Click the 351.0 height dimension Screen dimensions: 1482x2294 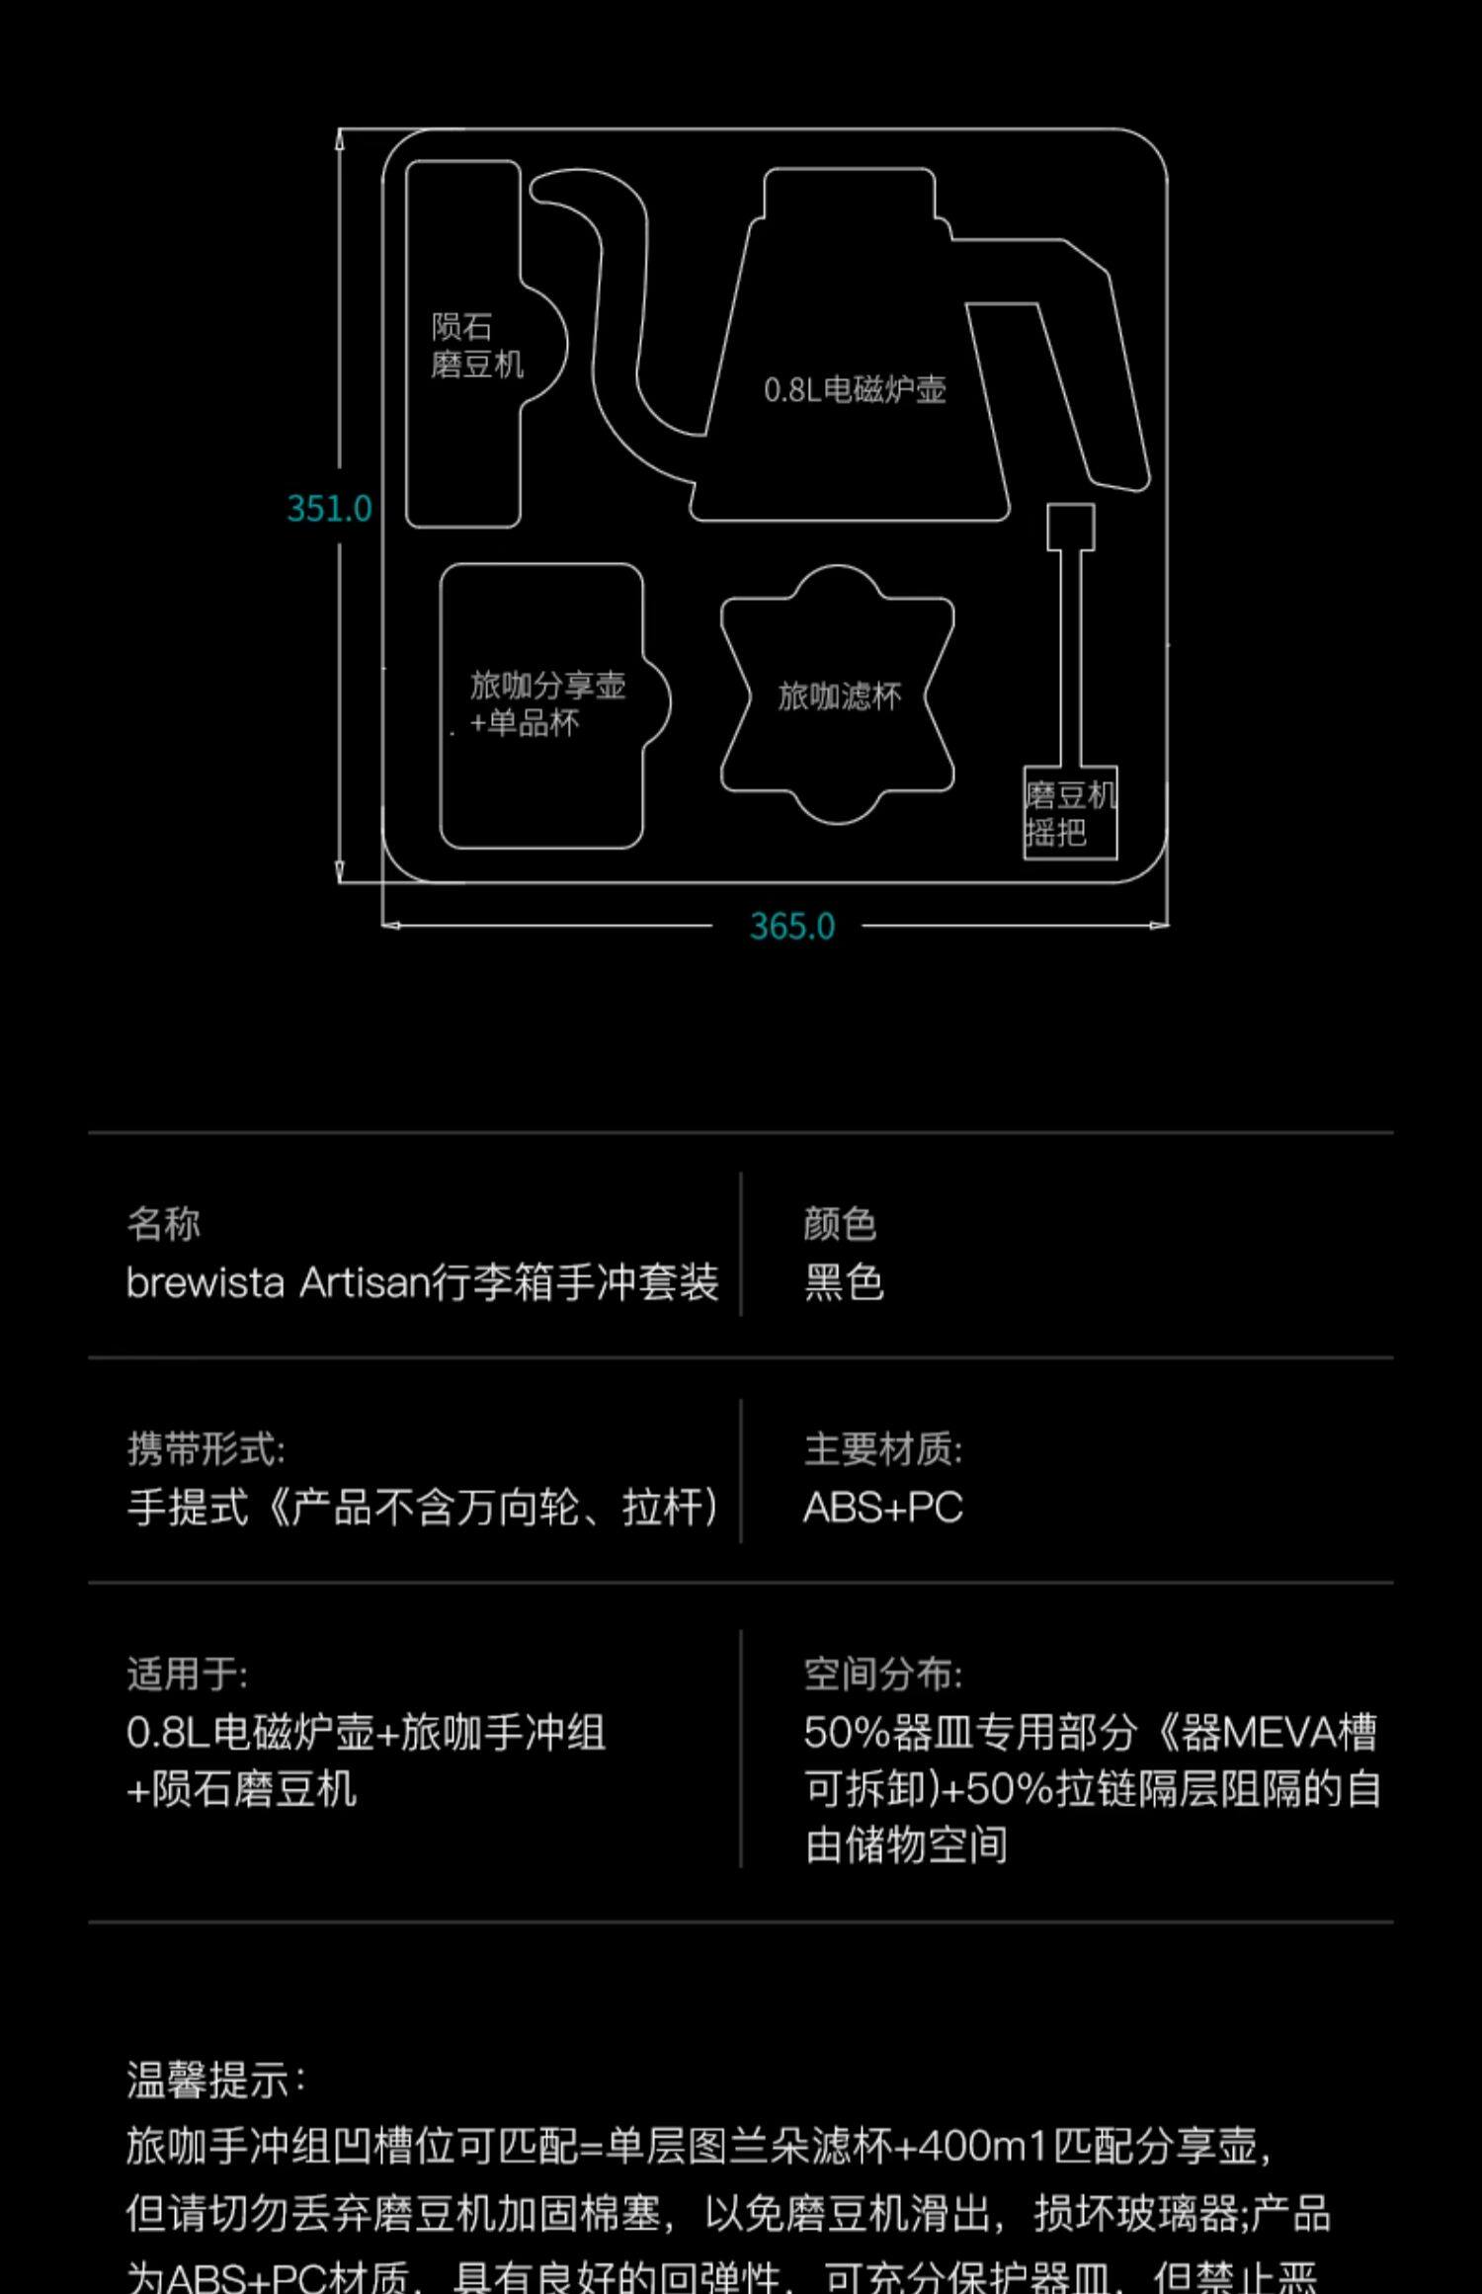[329, 509]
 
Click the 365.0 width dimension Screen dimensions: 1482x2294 [792, 927]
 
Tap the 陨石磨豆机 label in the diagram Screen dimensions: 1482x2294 [476, 346]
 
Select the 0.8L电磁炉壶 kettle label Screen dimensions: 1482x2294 [855, 390]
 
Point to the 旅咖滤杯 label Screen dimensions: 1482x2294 [839, 696]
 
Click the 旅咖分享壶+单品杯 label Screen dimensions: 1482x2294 [546, 703]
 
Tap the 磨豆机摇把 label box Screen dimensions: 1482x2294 [1070, 813]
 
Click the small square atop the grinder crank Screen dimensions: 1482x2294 [1071, 527]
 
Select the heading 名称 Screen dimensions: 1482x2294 [164, 1224]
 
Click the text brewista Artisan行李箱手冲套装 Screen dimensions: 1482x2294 [422, 1283]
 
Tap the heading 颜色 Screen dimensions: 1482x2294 [840, 1224]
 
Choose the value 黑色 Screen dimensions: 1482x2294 [844, 1283]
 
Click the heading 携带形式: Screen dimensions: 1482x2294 [206, 1449]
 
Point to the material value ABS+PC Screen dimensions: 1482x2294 [882, 1508]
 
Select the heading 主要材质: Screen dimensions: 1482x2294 [882, 1449]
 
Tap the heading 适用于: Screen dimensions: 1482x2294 [187, 1674]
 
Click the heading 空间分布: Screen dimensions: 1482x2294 [882, 1674]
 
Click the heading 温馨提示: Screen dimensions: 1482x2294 [215, 2080]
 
